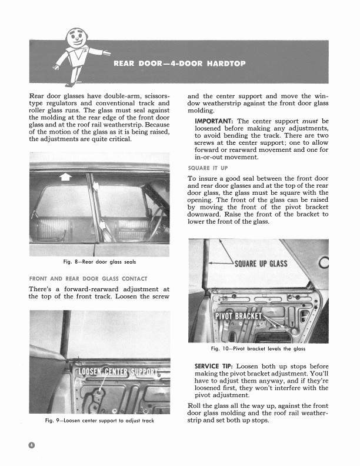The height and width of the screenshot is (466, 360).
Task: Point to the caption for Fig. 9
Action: point(99,421)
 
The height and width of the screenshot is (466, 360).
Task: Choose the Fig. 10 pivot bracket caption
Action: point(259,349)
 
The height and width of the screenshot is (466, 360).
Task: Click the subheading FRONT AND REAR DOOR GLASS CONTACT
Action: point(88,278)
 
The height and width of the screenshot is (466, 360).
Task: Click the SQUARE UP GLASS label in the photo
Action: point(261,262)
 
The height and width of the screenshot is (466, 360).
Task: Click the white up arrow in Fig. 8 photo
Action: point(65,176)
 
